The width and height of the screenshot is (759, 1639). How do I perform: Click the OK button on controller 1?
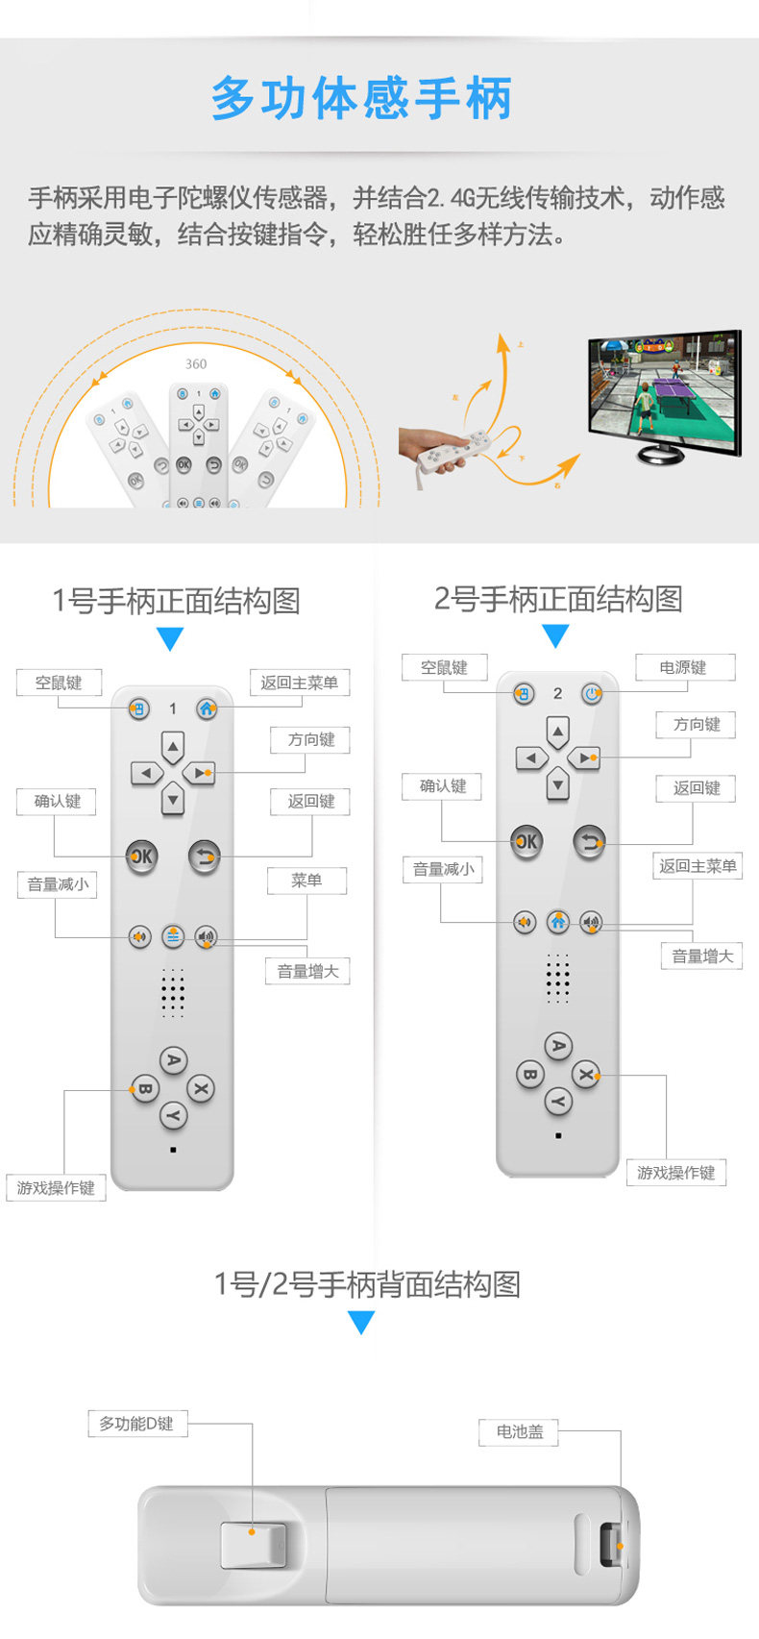tap(141, 856)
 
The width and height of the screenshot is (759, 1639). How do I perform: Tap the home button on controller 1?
tap(207, 708)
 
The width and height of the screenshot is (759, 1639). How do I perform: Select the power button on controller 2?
tap(592, 693)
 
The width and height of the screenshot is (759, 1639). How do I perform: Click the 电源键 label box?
tap(683, 667)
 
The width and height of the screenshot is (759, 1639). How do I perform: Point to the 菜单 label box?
tap(306, 880)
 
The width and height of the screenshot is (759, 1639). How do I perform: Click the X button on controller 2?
tap(585, 1074)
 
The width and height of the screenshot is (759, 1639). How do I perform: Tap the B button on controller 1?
tap(144, 1089)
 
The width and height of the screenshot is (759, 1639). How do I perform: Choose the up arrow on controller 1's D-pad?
tap(173, 747)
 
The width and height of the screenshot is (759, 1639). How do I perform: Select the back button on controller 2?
tap(589, 841)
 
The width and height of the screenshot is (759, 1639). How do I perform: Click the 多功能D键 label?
tap(136, 1424)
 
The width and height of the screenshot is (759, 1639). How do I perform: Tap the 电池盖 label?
tap(519, 1431)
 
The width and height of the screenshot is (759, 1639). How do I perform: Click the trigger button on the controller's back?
tap(253, 1545)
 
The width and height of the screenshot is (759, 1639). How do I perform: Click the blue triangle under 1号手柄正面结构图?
tap(170, 639)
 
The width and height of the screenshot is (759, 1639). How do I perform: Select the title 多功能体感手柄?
tap(362, 99)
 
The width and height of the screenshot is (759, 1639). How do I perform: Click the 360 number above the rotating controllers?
tap(196, 364)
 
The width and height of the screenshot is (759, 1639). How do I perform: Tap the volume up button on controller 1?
tap(206, 936)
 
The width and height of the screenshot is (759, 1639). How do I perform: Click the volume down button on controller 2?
tap(524, 922)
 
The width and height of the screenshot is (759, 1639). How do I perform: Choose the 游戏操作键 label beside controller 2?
tap(676, 1173)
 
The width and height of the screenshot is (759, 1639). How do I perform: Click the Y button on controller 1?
tap(173, 1116)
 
